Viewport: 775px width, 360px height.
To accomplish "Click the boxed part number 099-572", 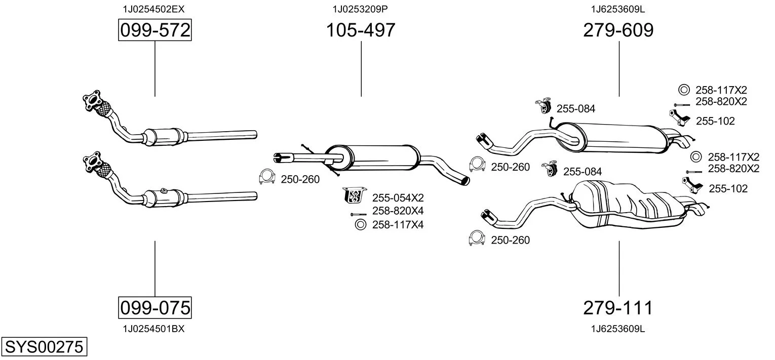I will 154,30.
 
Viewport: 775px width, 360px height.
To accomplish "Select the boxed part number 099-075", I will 154,307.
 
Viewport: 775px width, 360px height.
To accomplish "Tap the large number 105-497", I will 360,30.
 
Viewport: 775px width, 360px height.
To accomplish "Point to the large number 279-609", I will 618,30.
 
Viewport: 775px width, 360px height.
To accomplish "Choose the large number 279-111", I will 618,307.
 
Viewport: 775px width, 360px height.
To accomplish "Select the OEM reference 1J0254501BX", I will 153,329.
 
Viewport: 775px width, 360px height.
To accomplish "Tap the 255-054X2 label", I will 398,197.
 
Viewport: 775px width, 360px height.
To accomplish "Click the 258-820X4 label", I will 398,211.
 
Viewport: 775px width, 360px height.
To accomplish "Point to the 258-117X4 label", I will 398,224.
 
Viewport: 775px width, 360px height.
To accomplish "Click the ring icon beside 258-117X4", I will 360,224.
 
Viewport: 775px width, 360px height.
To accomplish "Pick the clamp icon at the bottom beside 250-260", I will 477,238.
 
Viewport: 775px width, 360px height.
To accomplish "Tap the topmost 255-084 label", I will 575,108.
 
